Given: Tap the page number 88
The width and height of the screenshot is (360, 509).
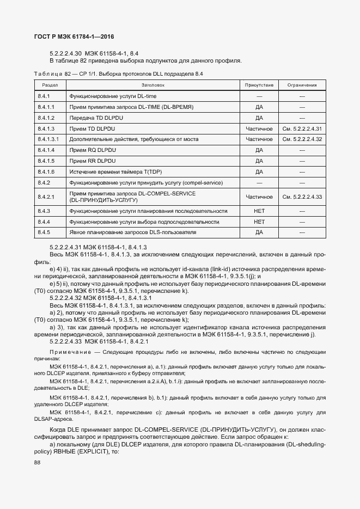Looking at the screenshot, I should [x=37, y=462].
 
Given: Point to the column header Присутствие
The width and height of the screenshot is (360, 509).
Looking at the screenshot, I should [x=259, y=85].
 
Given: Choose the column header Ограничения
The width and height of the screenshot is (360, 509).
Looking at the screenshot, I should [x=302, y=85].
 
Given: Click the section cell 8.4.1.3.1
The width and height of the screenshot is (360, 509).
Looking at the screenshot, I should [x=48, y=139].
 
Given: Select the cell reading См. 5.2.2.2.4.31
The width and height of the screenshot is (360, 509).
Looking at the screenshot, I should [x=302, y=128].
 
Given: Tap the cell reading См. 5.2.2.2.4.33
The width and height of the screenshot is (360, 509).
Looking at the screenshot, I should [x=302, y=197].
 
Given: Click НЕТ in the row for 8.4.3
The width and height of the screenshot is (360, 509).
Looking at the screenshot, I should [x=259, y=211].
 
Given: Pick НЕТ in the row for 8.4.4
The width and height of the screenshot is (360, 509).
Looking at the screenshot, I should [x=259, y=222].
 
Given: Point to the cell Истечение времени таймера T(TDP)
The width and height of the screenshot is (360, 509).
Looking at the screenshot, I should [x=112, y=171].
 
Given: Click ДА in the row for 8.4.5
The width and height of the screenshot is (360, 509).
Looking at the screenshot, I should [x=259, y=232].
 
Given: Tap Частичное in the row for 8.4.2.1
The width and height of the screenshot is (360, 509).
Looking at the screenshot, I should [x=259, y=197].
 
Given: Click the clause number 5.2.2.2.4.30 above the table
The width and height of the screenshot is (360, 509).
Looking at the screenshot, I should [x=65, y=53].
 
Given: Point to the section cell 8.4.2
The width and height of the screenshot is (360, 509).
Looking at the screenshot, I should [x=44, y=182].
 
